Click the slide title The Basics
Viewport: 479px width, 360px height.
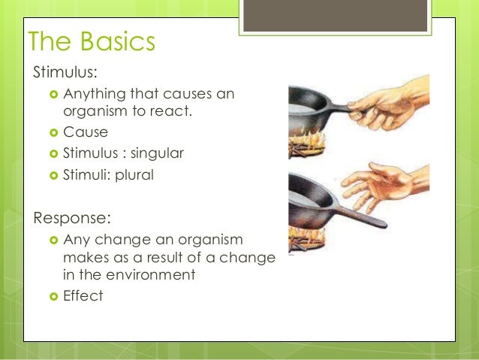click(x=91, y=42)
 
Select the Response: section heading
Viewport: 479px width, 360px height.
click(x=71, y=218)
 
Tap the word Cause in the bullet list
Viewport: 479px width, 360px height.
click(x=86, y=132)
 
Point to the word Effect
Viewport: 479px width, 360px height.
click(x=83, y=295)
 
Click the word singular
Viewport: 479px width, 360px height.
click(x=157, y=153)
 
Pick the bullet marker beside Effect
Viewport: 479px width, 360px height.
click(x=53, y=296)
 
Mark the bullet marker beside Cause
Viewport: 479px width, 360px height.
click(x=53, y=133)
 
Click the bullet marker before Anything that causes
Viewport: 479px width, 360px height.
click(x=53, y=95)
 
